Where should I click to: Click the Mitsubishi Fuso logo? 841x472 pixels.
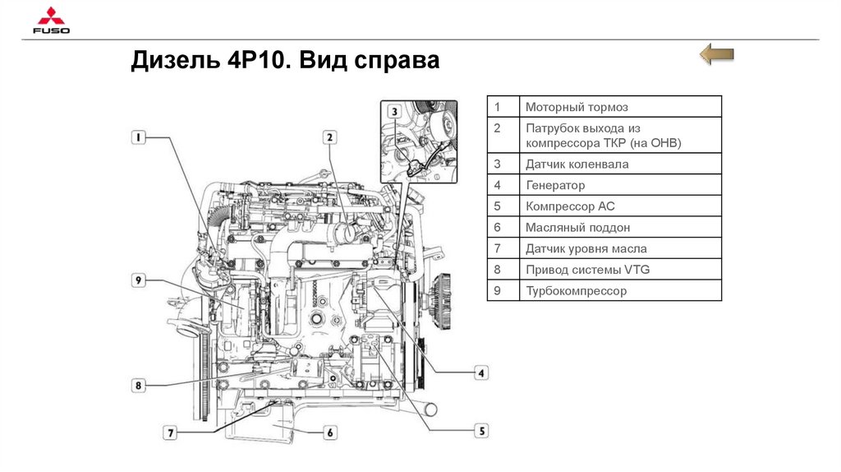click(51, 22)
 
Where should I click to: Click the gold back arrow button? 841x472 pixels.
click(716, 55)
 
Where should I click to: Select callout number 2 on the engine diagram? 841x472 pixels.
click(329, 138)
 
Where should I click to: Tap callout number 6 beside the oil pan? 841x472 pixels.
click(329, 433)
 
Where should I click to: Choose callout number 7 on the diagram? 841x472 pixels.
click(171, 432)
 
